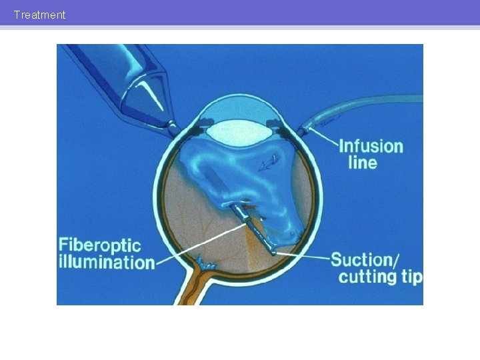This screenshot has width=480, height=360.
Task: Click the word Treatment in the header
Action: pyautogui.click(x=39, y=15)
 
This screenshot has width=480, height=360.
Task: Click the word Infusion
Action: pyautogui.click(x=371, y=146)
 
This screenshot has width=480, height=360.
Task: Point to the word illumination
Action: pyautogui.click(x=106, y=261)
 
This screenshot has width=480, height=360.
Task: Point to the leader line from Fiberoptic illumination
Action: pyautogui.click(x=200, y=244)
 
